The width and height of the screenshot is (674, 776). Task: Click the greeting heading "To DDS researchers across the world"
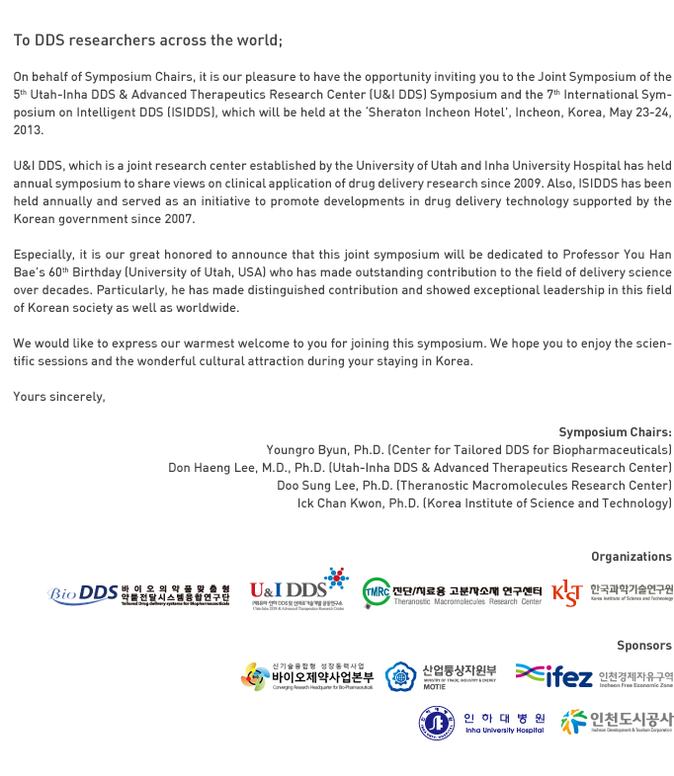pos(147,40)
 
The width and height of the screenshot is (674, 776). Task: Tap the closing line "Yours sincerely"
pos(58,396)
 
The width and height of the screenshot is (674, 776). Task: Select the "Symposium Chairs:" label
pos(615,432)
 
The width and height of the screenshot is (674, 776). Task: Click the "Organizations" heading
pos(631,557)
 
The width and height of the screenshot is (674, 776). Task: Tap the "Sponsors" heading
pos(643,646)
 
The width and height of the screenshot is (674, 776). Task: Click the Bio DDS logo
pos(138,594)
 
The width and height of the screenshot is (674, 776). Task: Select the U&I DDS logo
pos(298,590)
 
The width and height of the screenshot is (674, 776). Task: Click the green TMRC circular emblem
pos(376,592)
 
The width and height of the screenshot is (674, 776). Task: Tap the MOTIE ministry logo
pos(441,676)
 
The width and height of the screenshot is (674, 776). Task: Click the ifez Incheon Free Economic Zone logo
pos(593,676)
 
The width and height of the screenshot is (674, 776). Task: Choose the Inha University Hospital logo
pos(481,723)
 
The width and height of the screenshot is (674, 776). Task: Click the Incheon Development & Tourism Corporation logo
pos(616,722)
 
